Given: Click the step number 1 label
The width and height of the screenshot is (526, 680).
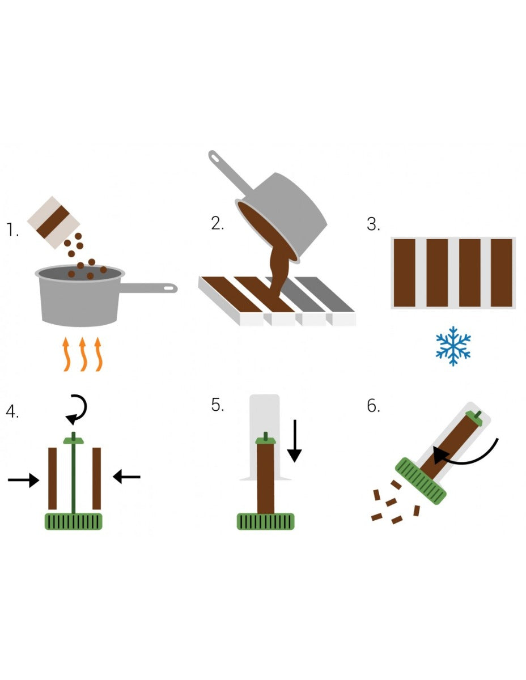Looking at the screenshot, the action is point(12,229).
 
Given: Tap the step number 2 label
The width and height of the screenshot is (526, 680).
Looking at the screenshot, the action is point(218,223).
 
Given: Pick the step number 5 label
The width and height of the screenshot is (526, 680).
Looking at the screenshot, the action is point(218,405).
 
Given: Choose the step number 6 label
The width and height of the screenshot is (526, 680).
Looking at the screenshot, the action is point(374,406).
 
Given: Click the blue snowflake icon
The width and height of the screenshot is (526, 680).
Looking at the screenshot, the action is point(453,346).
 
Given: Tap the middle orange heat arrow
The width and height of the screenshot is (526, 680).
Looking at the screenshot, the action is point(83,354).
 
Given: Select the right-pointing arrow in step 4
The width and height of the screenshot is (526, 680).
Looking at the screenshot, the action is point(23,480).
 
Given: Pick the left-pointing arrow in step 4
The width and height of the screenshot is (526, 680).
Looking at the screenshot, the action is point(126,477).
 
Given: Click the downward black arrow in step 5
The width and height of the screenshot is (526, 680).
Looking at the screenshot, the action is point(294,441).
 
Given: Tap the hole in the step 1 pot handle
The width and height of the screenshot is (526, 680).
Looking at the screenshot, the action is point(169,288).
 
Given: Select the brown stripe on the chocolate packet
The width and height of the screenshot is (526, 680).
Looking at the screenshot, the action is point(53,222).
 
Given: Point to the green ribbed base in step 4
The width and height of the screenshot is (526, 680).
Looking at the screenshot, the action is point(74,521).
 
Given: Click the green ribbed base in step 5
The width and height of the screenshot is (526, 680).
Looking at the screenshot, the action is point(265,521).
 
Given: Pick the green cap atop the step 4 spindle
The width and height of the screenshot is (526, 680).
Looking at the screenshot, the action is point(74,441).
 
